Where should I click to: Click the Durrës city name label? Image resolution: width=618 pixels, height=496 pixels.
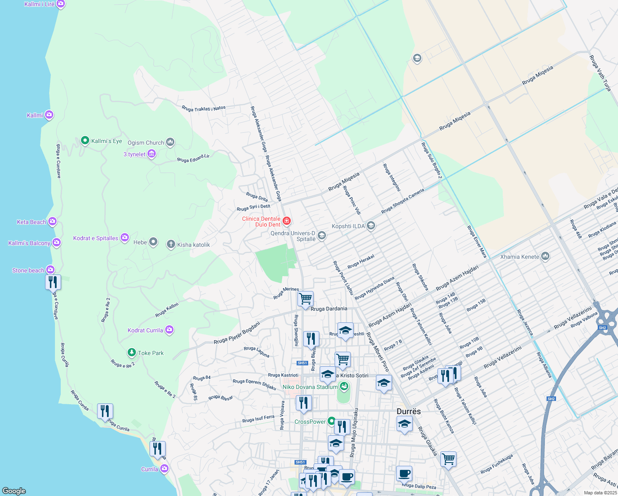[x=409, y=411]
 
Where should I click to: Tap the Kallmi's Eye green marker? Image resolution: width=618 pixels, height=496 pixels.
[x=85, y=141]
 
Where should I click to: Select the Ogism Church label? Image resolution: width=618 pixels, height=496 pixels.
[x=146, y=143]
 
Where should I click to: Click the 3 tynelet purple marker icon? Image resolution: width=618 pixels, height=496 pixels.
[x=152, y=154]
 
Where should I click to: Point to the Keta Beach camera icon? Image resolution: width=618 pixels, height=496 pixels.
[x=52, y=222]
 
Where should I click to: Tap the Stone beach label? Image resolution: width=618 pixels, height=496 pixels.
[x=28, y=270]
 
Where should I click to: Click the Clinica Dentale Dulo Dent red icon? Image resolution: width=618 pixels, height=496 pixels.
[x=287, y=221]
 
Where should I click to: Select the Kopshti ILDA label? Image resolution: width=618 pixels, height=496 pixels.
[x=348, y=226]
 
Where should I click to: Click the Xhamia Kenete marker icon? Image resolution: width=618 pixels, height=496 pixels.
[x=545, y=257]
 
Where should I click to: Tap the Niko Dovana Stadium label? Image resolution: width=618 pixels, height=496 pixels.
[x=310, y=387]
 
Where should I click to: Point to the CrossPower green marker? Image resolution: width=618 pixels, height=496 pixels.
[x=331, y=421]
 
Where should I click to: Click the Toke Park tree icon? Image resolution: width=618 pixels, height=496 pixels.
[x=132, y=353]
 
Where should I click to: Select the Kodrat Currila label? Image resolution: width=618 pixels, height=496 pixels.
[x=145, y=330]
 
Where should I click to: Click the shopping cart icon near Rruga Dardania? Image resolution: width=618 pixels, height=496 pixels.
[x=305, y=298]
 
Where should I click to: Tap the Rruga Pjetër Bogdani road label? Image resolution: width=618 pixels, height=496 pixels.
[x=237, y=333]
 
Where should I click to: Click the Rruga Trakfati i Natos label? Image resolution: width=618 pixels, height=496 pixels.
[x=204, y=109]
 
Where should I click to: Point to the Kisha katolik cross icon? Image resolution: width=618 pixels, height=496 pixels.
[x=171, y=244]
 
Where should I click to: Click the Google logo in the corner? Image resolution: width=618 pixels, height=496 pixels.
[x=14, y=491]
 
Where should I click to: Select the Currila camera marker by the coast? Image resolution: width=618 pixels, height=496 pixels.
[x=164, y=469]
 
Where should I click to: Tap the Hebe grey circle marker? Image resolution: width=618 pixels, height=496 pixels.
[x=153, y=242]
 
